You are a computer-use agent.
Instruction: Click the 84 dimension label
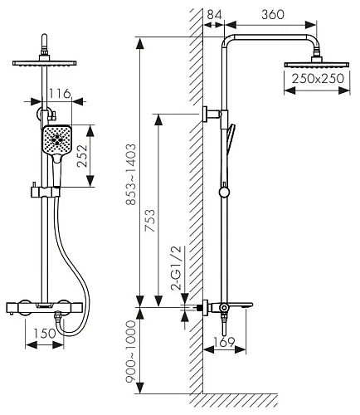click(214, 14)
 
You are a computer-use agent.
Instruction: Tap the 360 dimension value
click(273, 14)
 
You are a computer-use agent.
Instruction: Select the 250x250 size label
click(318, 79)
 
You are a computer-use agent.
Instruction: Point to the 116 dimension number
click(60, 94)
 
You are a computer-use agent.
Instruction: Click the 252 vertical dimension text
click(82, 156)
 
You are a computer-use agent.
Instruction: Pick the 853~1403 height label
click(131, 174)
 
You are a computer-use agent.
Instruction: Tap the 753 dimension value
click(150, 221)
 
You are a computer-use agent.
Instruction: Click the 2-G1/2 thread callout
click(176, 267)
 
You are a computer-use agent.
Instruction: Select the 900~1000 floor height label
click(131, 352)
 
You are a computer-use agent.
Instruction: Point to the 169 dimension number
click(224, 342)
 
